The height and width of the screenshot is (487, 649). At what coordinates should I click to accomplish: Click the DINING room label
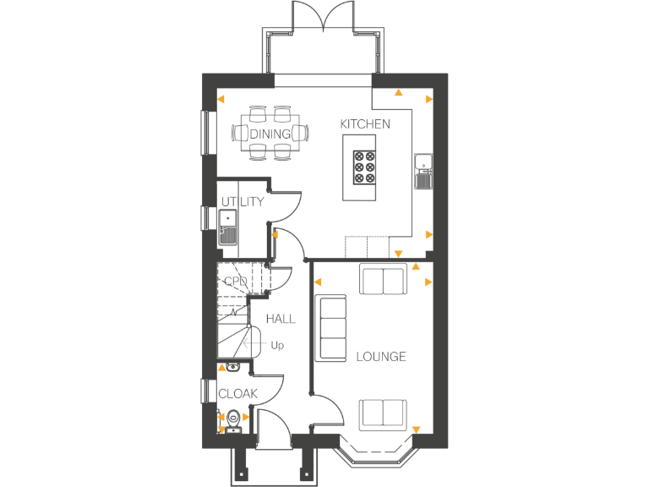pos(270,134)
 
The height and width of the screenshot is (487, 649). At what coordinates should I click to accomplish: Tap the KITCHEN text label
pos(365,124)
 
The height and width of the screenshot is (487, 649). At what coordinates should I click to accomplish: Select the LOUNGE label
pos(380,357)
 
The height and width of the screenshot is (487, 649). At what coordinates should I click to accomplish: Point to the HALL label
pos(281,319)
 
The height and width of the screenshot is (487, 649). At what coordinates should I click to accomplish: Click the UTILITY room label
pos(242,202)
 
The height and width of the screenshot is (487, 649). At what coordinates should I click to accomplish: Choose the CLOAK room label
pos(237,394)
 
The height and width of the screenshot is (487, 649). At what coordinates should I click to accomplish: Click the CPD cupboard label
pos(236,282)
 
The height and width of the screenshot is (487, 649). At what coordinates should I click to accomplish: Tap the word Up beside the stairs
pos(277,345)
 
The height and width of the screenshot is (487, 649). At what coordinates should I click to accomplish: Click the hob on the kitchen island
pos(365,167)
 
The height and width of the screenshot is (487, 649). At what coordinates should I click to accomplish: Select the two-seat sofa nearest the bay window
pos(383,413)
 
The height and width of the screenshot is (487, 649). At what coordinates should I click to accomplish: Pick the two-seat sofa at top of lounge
pos(383,280)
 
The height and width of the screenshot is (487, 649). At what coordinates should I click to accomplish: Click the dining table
pos(270,134)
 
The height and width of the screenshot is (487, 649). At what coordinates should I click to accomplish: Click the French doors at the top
pos(324,17)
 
